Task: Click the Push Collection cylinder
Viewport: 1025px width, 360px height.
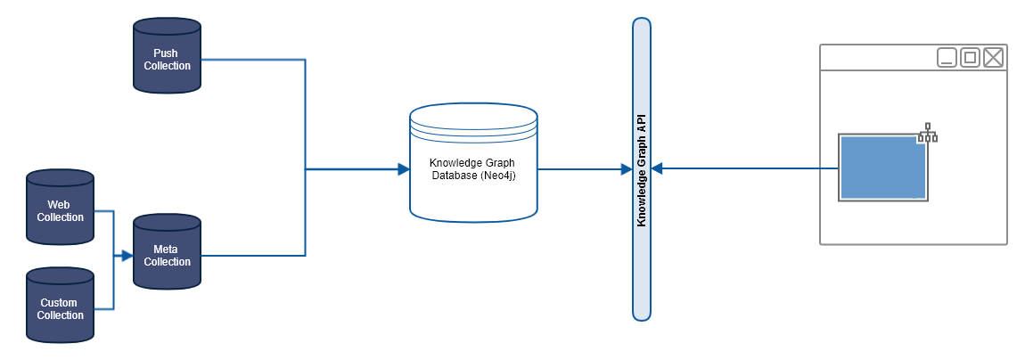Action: click(x=167, y=59)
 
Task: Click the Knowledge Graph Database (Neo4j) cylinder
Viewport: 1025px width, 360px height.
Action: click(x=473, y=165)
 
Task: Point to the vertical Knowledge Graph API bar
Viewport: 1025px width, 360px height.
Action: click(x=641, y=169)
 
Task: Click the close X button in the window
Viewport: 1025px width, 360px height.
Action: click(x=993, y=58)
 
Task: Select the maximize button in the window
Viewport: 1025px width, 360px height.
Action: click(x=970, y=58)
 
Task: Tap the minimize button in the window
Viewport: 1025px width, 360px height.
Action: click(x=947, y=58)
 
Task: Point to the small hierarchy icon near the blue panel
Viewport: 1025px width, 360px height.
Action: click(x=927, y=132)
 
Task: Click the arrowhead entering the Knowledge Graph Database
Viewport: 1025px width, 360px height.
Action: click(x=403, y=168)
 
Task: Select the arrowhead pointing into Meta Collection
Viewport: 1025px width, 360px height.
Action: click(x=127, y=256)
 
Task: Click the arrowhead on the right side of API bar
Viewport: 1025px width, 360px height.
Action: click(x=657, y=168)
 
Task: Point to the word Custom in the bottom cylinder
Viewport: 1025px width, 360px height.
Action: click(x=60, y=303)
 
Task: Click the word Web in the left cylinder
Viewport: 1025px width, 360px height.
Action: click(x=60, y=205)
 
